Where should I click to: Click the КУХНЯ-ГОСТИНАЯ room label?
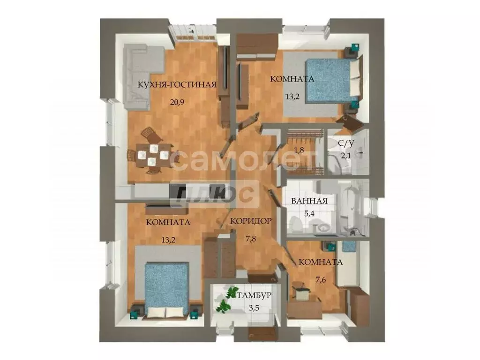[x=176, y=85]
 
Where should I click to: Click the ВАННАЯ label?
[x=308, y=202]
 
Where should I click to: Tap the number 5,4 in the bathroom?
[x=308, y=214]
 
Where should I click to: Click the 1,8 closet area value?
[x=299, y=150]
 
